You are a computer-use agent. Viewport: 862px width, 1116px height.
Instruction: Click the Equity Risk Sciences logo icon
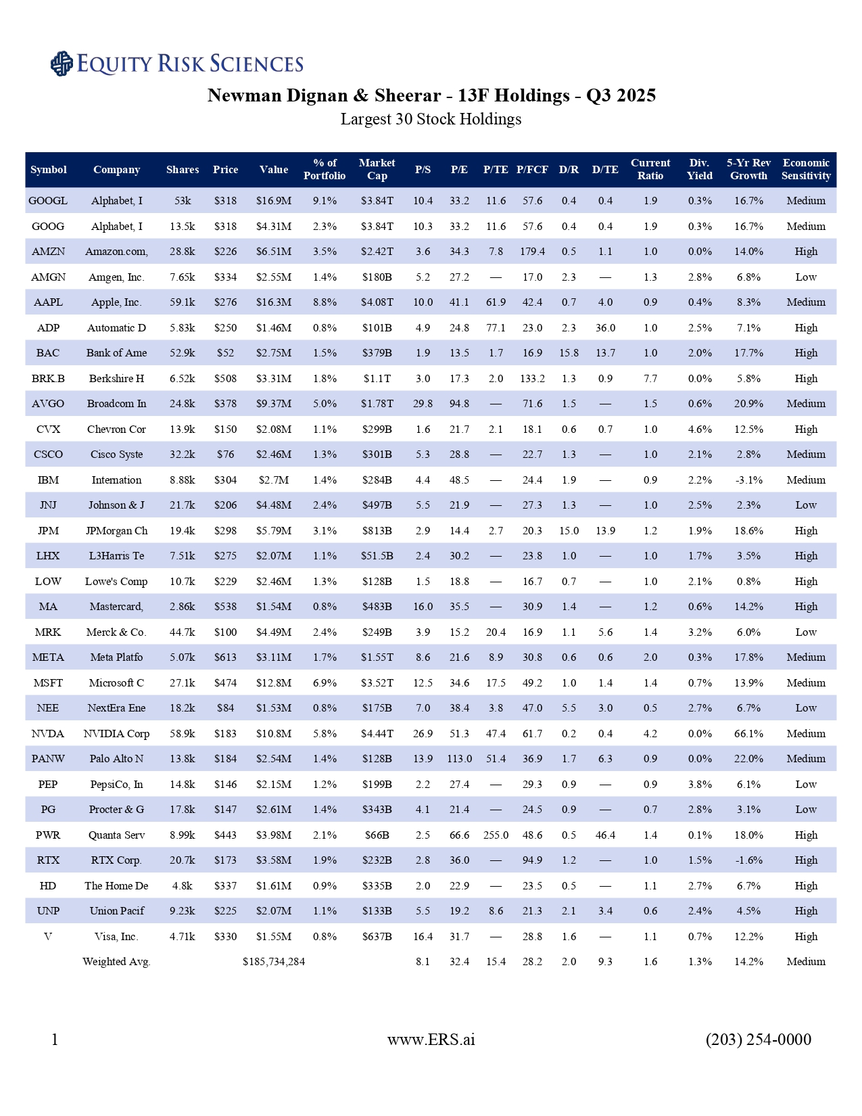[62, 64]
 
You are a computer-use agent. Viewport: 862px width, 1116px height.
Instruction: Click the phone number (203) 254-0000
[758, 1040]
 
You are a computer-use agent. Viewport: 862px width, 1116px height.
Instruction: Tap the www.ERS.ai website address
[431, 1040]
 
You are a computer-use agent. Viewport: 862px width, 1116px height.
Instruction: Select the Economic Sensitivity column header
[806, 169]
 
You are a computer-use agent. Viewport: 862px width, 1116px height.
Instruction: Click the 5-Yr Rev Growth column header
[748, 169]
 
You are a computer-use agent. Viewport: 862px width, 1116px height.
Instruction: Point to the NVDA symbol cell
[48, 734]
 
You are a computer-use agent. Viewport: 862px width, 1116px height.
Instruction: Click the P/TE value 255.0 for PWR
[496, 835]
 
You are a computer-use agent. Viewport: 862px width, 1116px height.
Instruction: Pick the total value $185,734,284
[274, 962]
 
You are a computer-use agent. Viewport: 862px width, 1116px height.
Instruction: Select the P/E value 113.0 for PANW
[459, 759]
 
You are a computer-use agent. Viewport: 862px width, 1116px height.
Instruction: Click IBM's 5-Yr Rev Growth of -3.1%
[748, 480]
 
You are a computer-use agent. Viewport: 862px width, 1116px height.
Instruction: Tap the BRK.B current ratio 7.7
[650, 379]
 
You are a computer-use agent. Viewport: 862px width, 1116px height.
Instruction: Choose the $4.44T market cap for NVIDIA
[377, 734]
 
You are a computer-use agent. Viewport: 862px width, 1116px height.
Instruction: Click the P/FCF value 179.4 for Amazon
[532, 252]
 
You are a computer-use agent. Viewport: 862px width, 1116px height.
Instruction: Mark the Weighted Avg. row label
[116, 962]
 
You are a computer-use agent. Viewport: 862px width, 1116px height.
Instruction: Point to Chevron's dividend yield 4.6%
[699, 429]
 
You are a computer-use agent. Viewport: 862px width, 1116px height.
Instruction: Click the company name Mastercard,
[116, 607]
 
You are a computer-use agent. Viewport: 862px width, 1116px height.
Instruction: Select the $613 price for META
[225, 657]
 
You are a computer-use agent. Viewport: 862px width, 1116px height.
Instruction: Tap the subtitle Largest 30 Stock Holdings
[431, 120]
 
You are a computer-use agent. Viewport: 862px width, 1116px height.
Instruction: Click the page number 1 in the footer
[55, 1040]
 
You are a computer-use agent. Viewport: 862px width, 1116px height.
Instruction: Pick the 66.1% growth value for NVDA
[748, 734]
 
